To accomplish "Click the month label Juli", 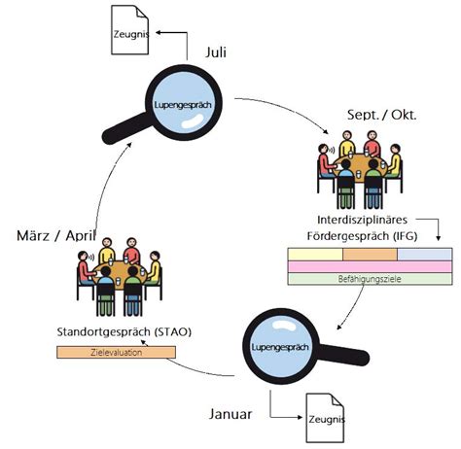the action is [216, 52].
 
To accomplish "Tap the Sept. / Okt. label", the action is [381, 115].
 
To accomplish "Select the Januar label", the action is [230, 414].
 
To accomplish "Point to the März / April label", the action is [56, 235].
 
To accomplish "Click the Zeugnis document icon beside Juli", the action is [130, 30].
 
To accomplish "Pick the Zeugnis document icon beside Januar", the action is [325, 418].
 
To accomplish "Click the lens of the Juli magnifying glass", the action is [183, 103].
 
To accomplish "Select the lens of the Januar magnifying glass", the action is [281, 346].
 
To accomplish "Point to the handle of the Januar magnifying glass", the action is [344, 354].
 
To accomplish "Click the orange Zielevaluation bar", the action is [116, 352].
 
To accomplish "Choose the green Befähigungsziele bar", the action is [370, 279].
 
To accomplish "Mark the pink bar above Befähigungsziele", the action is [370, 266].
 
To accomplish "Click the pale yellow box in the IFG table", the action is [315, 255].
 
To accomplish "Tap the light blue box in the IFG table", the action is [425, 255].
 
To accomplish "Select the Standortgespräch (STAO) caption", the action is [124, 332].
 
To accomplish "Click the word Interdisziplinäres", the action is [362, 220].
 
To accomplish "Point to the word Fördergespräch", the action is [348, 236].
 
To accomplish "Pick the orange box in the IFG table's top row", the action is [370, 255].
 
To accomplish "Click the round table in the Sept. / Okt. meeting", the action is [361, 166].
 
